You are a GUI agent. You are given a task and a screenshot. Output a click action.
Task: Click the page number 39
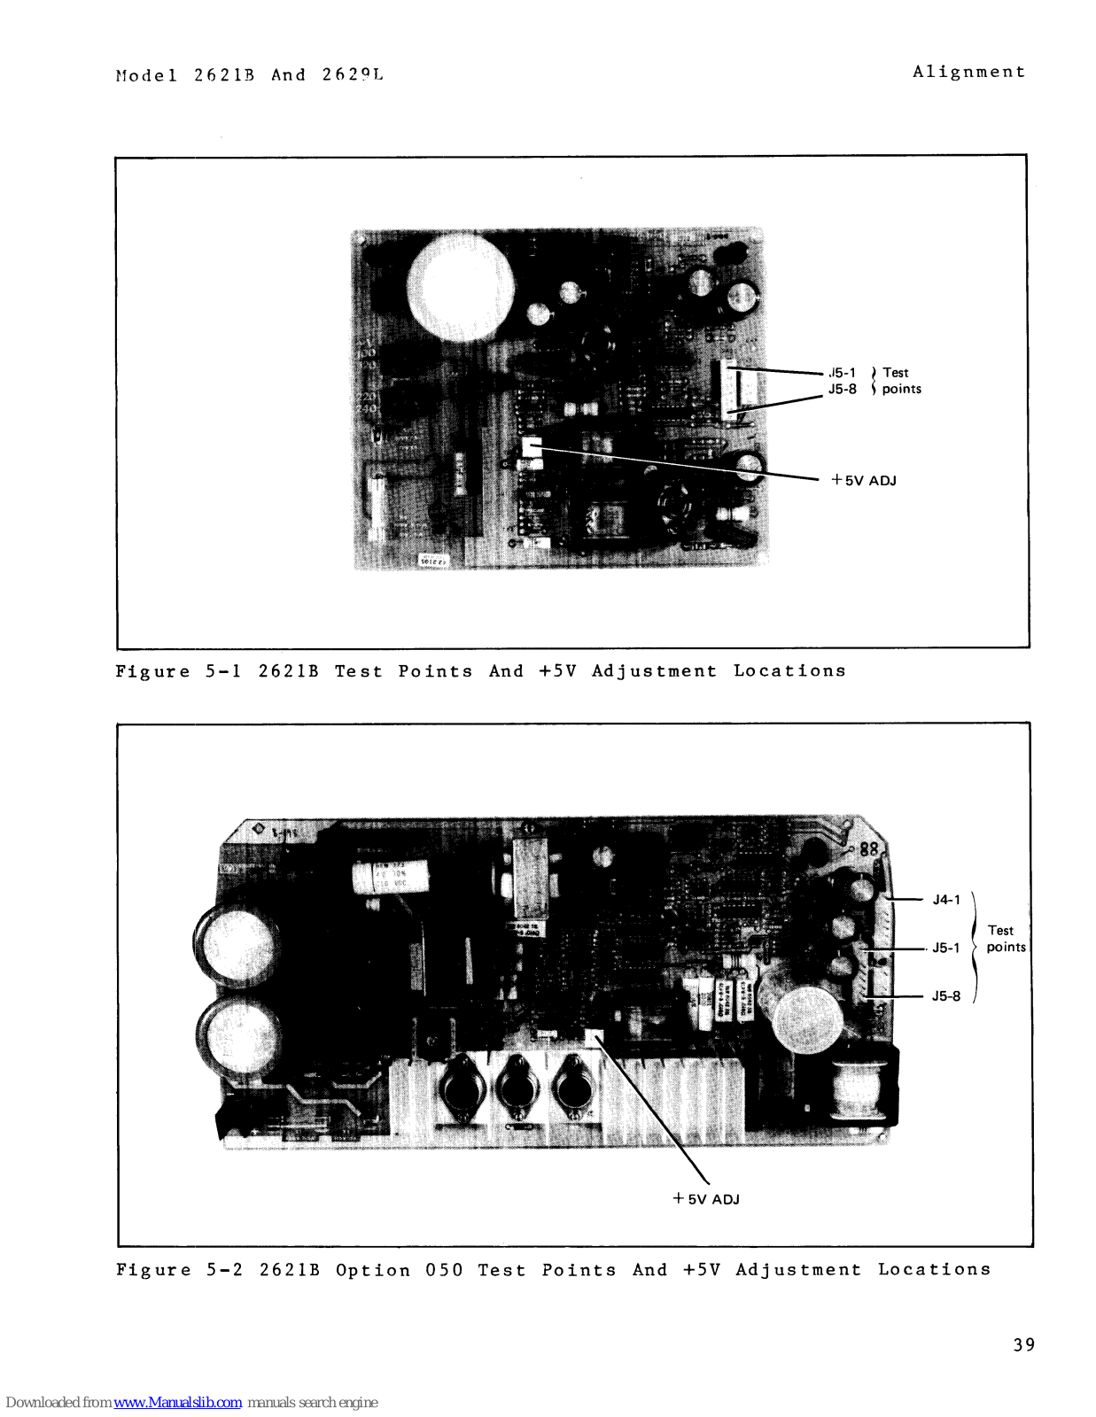pos(1023,1344)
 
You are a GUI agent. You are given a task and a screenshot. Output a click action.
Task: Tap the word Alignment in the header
pos(968,72)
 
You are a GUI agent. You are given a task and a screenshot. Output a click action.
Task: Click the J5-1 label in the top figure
pos(843,373)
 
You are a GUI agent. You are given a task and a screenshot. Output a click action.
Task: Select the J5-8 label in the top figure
pos(843,389)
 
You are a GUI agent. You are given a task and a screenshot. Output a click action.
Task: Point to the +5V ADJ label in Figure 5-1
pos(864,480)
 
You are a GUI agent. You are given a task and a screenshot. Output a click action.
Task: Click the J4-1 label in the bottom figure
pos(946,900)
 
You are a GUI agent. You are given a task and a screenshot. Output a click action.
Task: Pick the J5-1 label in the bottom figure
pos(945,948)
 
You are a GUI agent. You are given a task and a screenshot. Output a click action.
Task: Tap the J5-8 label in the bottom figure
pos(945,995)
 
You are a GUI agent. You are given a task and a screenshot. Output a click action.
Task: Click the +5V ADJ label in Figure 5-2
pos(706,1199)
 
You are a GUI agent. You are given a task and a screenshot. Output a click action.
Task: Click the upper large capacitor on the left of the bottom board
pos(235,944)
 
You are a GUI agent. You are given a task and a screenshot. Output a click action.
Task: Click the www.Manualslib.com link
pos(177,1402)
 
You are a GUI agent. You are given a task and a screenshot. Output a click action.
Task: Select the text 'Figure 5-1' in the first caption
pos(178,671)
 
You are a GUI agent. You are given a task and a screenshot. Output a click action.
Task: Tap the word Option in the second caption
pos(373,1270)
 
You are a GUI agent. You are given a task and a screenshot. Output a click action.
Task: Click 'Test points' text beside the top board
pos(900,381)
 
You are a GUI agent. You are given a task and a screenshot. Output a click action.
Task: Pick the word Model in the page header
pos(146,75)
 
